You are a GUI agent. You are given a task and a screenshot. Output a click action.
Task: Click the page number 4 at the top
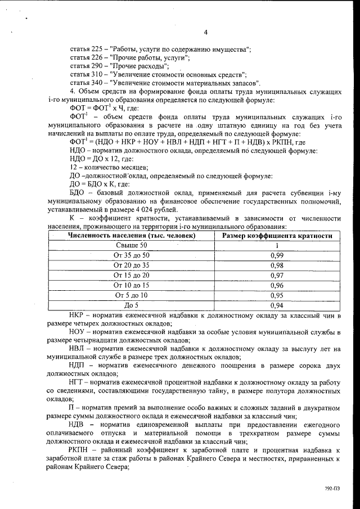[206, 32]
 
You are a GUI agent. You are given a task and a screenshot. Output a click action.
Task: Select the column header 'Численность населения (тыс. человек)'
[132, 236]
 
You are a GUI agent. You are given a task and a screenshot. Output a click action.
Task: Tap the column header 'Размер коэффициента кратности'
[277, 236]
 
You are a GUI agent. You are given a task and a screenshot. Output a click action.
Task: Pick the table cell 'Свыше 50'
[132, 245]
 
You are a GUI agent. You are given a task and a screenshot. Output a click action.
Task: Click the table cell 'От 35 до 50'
[132, 255]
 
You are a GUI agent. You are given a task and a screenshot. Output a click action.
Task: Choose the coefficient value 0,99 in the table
[277, 255]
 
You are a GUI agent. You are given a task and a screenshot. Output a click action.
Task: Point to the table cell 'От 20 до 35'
[132, 265]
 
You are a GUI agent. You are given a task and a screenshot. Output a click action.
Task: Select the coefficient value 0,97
[277, 275]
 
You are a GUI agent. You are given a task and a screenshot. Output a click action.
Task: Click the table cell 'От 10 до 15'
[132, 285]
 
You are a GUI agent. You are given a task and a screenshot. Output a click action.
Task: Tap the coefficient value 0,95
[277, 295]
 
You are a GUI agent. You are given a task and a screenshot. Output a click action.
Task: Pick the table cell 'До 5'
[132, 305]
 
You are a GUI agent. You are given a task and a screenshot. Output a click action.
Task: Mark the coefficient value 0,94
[277, 305]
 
